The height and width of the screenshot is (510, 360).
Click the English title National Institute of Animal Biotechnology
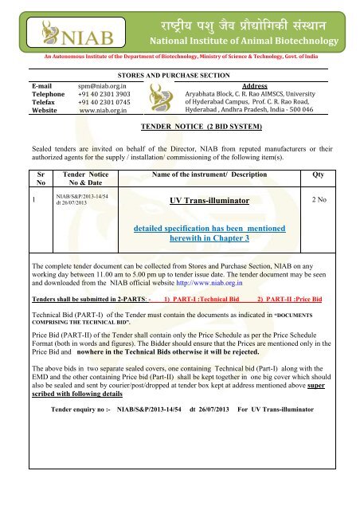coord(248,41)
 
